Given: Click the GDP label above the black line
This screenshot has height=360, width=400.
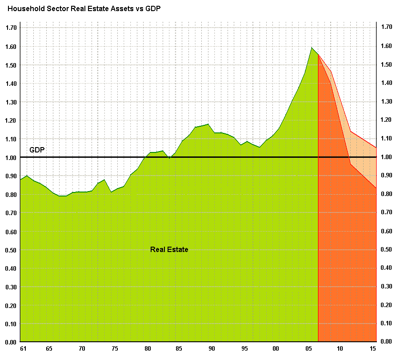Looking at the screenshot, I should pyautogui.click(x=37, y=150).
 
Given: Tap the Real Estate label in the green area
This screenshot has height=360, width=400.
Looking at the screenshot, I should pyautogui.click(x=169, y=250).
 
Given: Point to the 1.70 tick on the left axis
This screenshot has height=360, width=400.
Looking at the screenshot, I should pyautogui.click(x=11, y=28).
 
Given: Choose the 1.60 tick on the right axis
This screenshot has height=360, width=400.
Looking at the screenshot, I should pyautogui.click(x=386, y=46).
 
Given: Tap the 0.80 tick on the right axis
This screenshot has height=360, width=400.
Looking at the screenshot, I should pyautogui.click(x=386, y=194).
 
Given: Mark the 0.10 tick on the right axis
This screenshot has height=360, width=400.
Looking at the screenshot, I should pyautogui.click(x=386, y=323).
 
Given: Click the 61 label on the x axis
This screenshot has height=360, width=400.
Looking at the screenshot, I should pyautogui.click(x=23, y=349).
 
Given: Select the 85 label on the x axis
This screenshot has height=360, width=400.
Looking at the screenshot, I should pyautogui.click(x=179, y=349).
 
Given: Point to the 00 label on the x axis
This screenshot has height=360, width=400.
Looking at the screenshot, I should pyautogui.click(x=276, y=349).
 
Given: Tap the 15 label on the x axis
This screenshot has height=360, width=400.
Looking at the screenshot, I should pyautogui.click(x=373, y=349).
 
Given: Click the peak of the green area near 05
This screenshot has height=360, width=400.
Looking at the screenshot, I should pyautogui.click(x=312, y=48).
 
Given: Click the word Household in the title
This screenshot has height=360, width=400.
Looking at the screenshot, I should pyautogui.click(x=25, y=9).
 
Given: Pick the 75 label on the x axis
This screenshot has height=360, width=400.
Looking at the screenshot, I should pyautogui.click(x=114, y=349).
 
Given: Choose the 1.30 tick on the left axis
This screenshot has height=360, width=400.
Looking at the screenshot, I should pyautogui.click(x=11, y=102).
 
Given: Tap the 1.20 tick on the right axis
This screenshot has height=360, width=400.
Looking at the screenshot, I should pyautogui.click(x=386, y=120).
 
